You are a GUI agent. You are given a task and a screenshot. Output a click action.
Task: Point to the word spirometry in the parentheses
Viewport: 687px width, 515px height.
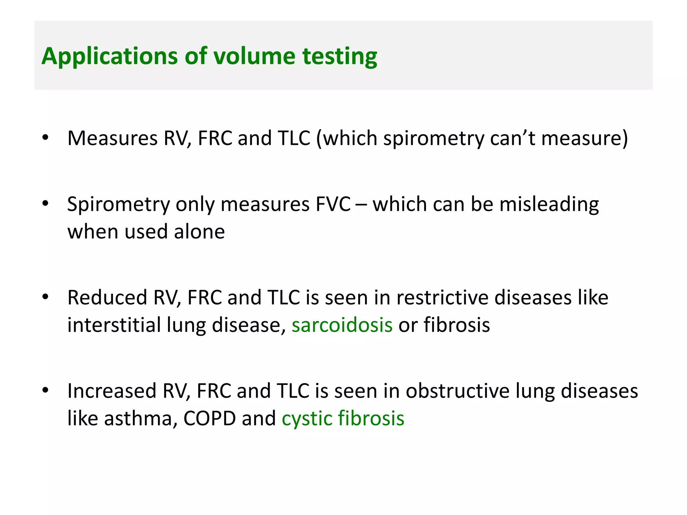(x=434, y=138)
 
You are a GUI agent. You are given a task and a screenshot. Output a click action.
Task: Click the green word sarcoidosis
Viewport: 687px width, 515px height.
(x=342, y=325)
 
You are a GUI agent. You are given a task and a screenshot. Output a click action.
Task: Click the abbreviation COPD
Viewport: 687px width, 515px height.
(x=210, y=418)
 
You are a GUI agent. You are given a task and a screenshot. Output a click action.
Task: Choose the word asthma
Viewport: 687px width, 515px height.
(x=138, y=418)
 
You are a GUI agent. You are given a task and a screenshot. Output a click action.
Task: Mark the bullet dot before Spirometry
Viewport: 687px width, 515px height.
(x=46, y=203)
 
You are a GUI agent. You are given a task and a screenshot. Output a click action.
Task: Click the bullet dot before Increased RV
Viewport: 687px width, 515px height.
(x=46, y=390)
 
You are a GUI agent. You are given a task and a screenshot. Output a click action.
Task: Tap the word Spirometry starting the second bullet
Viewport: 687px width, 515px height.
(x=118, y=205)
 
